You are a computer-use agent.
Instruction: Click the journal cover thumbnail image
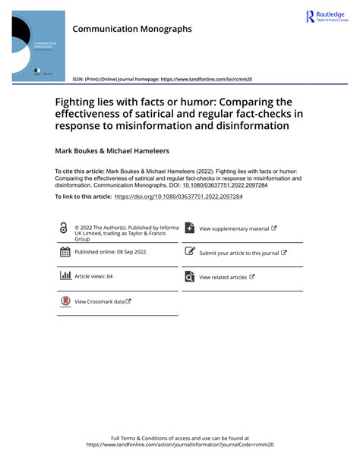click(x=38, y=46)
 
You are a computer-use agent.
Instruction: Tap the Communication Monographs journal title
click(x=132, y=29)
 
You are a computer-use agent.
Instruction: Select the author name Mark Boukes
click(x=80, y=149)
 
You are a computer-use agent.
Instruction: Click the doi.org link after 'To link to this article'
click(x=178, y=196)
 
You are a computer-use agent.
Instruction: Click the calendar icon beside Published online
click(x=65, y=252)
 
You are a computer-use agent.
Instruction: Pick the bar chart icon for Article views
click(x=65, y=276)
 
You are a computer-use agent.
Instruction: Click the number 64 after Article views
click(x=109, y=277)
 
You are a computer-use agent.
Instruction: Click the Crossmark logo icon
click(x=65, y=302)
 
